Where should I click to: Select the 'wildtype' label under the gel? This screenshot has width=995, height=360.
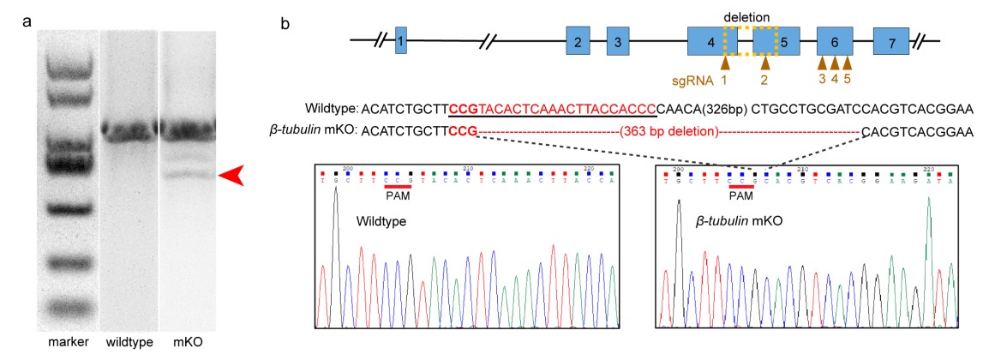tap(128, 342)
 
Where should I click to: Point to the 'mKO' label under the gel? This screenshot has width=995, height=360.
tap(183, 342)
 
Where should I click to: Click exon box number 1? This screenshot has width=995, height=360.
tap(401, 40)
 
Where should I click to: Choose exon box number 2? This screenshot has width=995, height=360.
tap(578, 40)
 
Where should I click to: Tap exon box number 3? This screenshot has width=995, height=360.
tap(619, 40)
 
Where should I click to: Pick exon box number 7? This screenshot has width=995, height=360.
tap(891, 40)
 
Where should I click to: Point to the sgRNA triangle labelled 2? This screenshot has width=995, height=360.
tap(766, 63)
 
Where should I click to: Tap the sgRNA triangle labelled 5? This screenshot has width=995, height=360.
tap(848, 63)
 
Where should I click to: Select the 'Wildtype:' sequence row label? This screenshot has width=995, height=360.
tap(331, 109)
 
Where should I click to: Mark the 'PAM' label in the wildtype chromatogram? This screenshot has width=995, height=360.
tap(399, 196)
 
